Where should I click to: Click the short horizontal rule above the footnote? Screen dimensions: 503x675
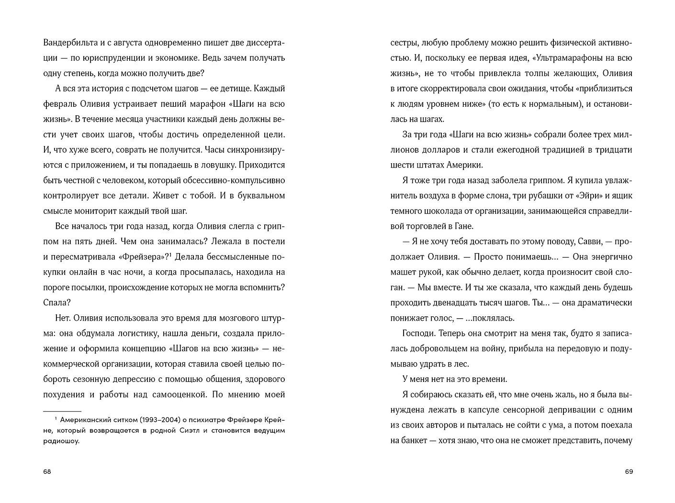coord(62,411)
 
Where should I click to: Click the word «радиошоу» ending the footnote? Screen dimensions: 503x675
coord(61,441)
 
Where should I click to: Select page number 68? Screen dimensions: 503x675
coord(47,471)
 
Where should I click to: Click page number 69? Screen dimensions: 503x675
coord(629,471)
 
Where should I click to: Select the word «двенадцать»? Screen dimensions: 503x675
coord(453,303)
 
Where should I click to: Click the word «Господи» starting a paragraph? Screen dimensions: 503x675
coord(419,334)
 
